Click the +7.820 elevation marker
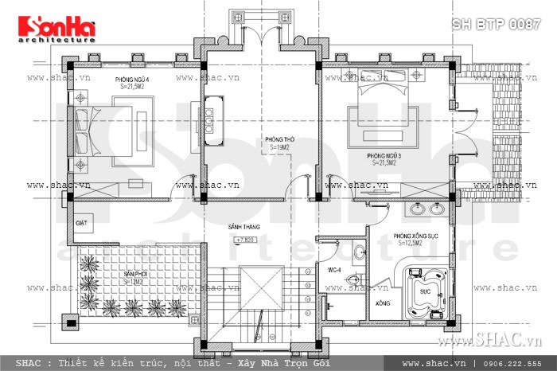click(x=248, y=239)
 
